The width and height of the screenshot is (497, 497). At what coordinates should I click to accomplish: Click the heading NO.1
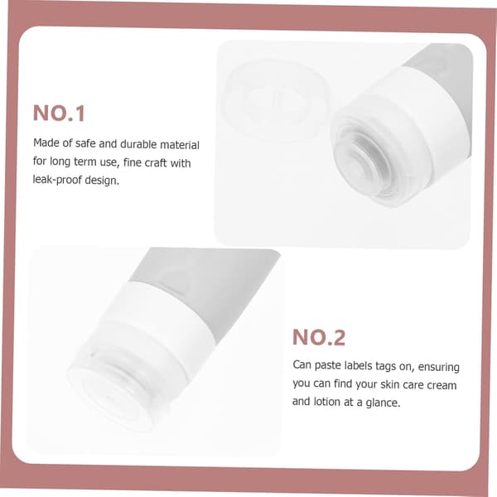pyautogui.click(x=59, y=113)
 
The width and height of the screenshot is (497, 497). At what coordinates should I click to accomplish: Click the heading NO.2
pyautogui.click(x=319, y=337)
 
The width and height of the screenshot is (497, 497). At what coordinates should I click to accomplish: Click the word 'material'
pyautogui.click(x=180, y=145)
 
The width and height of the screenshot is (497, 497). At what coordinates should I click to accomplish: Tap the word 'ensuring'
pyautogui.click(x=438, y=367)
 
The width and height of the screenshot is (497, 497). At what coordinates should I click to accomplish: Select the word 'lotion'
pyautogui.click(x=327, y=402)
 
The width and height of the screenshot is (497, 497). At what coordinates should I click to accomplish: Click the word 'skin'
pyautogui.click(x=389, y=384)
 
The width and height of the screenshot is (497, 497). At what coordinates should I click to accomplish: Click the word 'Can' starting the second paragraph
pyautogui.click(x=302, y=364)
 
